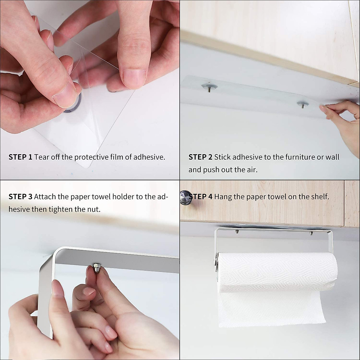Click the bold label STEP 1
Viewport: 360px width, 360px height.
pos(20,157)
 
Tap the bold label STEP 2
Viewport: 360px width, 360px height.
pos(200,157)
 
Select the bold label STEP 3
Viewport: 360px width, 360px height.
pos(20,196)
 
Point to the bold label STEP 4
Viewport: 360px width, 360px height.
pos(201,196)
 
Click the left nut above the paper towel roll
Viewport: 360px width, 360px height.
pos(237,232)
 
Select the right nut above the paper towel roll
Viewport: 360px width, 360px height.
pos(311,233)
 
